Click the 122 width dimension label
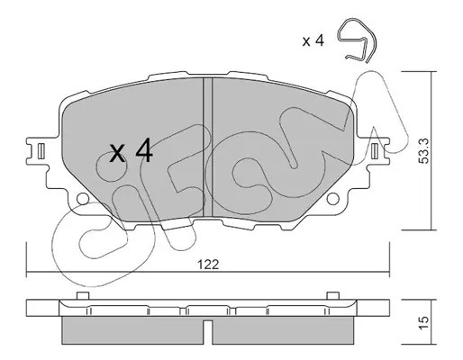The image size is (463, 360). [208, 265]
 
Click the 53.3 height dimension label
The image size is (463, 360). [424, 151]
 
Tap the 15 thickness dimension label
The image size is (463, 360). [424, 323]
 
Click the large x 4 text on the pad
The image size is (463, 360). [132, 151]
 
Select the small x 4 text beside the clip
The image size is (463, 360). [313, 40]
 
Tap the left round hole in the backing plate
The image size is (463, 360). [83, 199]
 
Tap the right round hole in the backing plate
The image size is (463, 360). [332, 199]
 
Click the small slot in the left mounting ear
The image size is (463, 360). [41, 151]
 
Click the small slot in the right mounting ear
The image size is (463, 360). [375, 151]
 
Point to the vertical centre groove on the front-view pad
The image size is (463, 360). [208, 147]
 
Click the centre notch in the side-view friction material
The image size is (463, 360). [208, 332]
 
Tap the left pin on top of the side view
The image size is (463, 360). [83, 295]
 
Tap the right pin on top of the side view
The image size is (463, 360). [333, 295]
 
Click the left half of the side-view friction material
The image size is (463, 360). [132, 330]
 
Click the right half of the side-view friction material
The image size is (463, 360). [283, 330]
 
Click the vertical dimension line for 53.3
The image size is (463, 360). [432, 151]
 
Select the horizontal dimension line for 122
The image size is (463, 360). [208, 273]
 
